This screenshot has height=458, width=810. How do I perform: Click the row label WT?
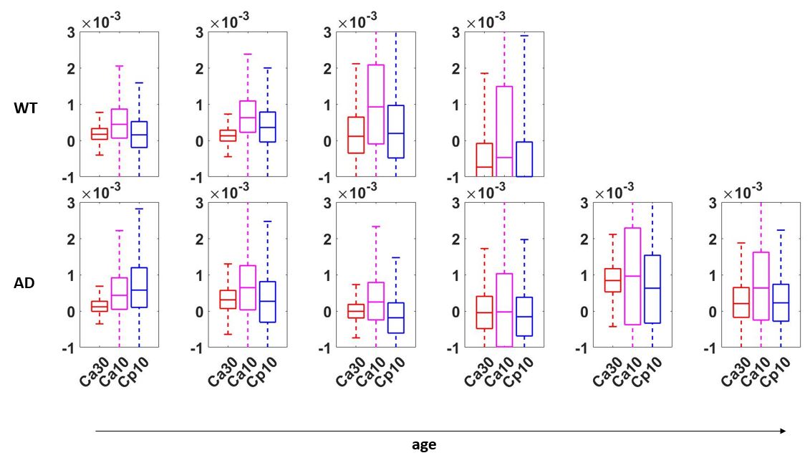pos(25,108)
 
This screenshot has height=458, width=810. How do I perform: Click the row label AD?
pos(24,282)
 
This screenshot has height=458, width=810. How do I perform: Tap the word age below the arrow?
pos(424,444)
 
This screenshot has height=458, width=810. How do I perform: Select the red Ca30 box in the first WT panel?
pos(100,133)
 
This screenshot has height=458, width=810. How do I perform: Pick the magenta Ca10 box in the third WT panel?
pos(375,105)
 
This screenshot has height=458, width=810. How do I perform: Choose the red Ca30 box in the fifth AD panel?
pos(612,280)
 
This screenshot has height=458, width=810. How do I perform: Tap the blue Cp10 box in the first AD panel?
pos(139,287)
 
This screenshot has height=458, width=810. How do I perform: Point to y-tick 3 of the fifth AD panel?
pos(585,202)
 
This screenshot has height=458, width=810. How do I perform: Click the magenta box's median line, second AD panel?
pos(247,287)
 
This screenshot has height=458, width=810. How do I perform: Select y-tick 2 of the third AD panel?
pos(328,239)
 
